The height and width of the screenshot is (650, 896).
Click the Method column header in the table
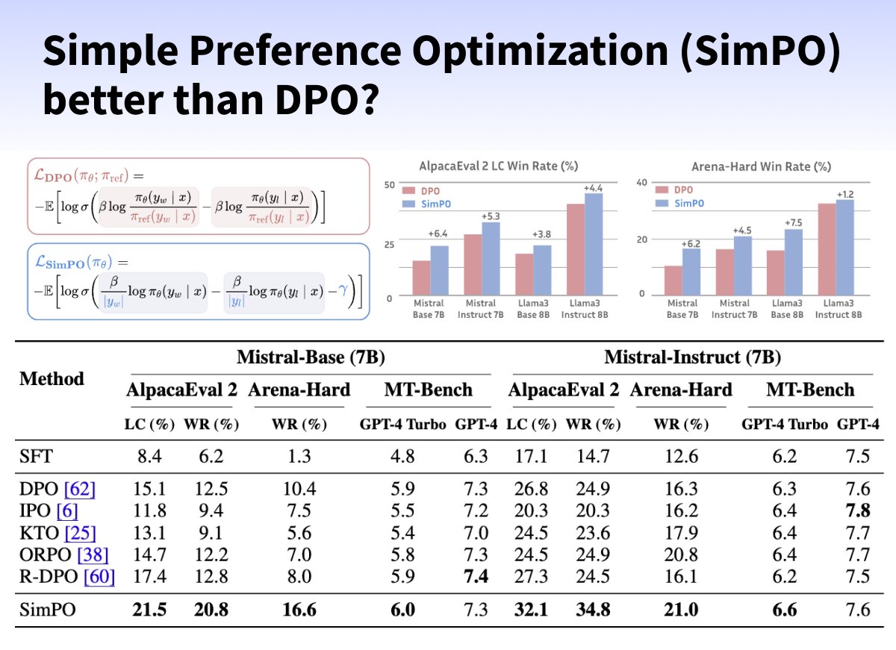(52, 379)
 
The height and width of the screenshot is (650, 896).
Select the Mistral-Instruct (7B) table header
(692, 357)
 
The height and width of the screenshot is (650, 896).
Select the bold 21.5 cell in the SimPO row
(149, 610)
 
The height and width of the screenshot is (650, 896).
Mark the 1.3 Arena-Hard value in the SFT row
(299, 454)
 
